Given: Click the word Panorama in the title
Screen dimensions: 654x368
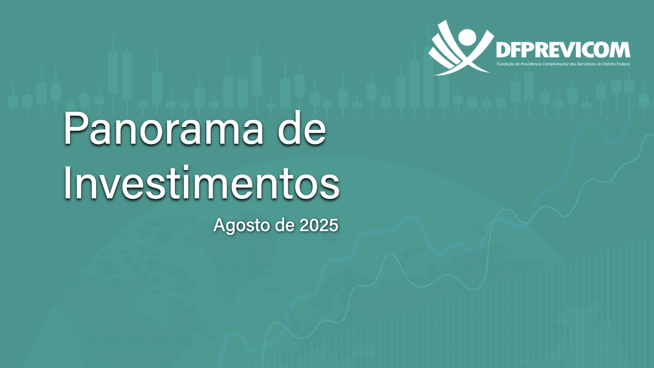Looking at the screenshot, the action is [x=164, y=128].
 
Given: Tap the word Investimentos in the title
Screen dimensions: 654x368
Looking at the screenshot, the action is [x=202, y=182].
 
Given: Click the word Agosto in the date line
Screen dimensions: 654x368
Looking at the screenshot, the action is [x=242, y=225].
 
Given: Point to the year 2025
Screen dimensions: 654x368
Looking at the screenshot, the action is [x=319, y=225].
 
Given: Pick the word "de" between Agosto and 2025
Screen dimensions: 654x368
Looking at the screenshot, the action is [x=285, y=225].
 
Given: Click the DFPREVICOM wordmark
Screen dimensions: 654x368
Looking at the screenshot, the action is [x=563, y=50].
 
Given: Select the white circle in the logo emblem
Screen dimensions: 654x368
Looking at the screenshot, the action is [x=467, y=37].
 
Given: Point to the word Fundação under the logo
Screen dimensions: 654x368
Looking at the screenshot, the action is [x=504, y=64].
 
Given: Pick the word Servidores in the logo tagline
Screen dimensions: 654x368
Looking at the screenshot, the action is [x=587, y=64].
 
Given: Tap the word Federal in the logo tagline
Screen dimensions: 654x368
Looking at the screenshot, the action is [x=624, y=64].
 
